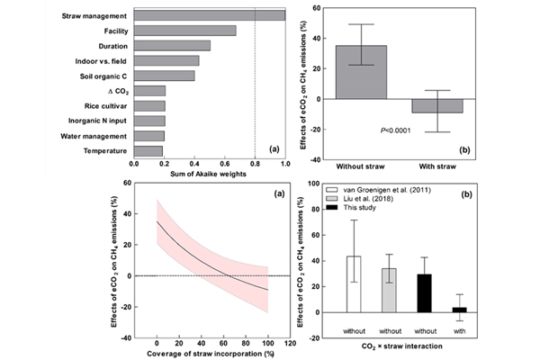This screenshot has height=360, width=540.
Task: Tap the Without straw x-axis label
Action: click(x=362, y=167)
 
